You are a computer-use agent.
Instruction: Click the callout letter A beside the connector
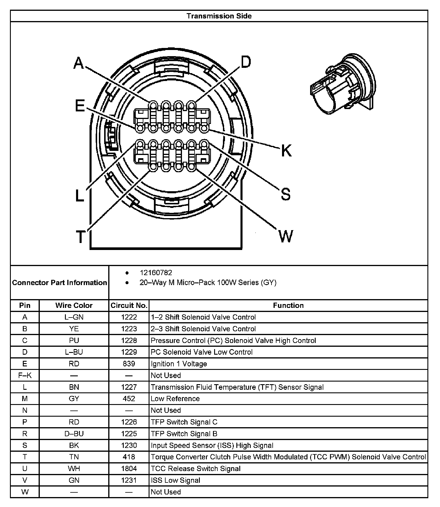[78, 63]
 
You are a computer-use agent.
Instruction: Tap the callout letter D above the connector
[245, 62]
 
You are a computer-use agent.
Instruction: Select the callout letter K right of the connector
[286, 151]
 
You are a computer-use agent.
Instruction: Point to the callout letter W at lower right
[285, 236]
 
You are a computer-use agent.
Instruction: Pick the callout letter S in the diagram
[286, 194]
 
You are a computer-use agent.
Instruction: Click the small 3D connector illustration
[343, 84]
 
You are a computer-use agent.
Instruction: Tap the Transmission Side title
[219, 16]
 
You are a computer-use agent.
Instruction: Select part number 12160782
[156, 273]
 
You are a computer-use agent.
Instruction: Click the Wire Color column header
[74, 305]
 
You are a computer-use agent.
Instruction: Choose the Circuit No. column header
[129, 305]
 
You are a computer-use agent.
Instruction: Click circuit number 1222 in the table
[129, 317]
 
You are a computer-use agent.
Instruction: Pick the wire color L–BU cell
[74, 352]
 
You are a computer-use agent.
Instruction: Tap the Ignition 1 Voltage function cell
[179, 364]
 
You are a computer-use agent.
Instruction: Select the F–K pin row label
[25, 375]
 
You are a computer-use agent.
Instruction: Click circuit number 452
[129, 399]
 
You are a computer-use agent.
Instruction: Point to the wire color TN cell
[74, 457]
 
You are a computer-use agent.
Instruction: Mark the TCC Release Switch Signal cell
[195, 469]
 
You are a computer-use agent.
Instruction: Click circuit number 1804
[129, 469]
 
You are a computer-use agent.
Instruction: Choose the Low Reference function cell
[175, 399]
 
